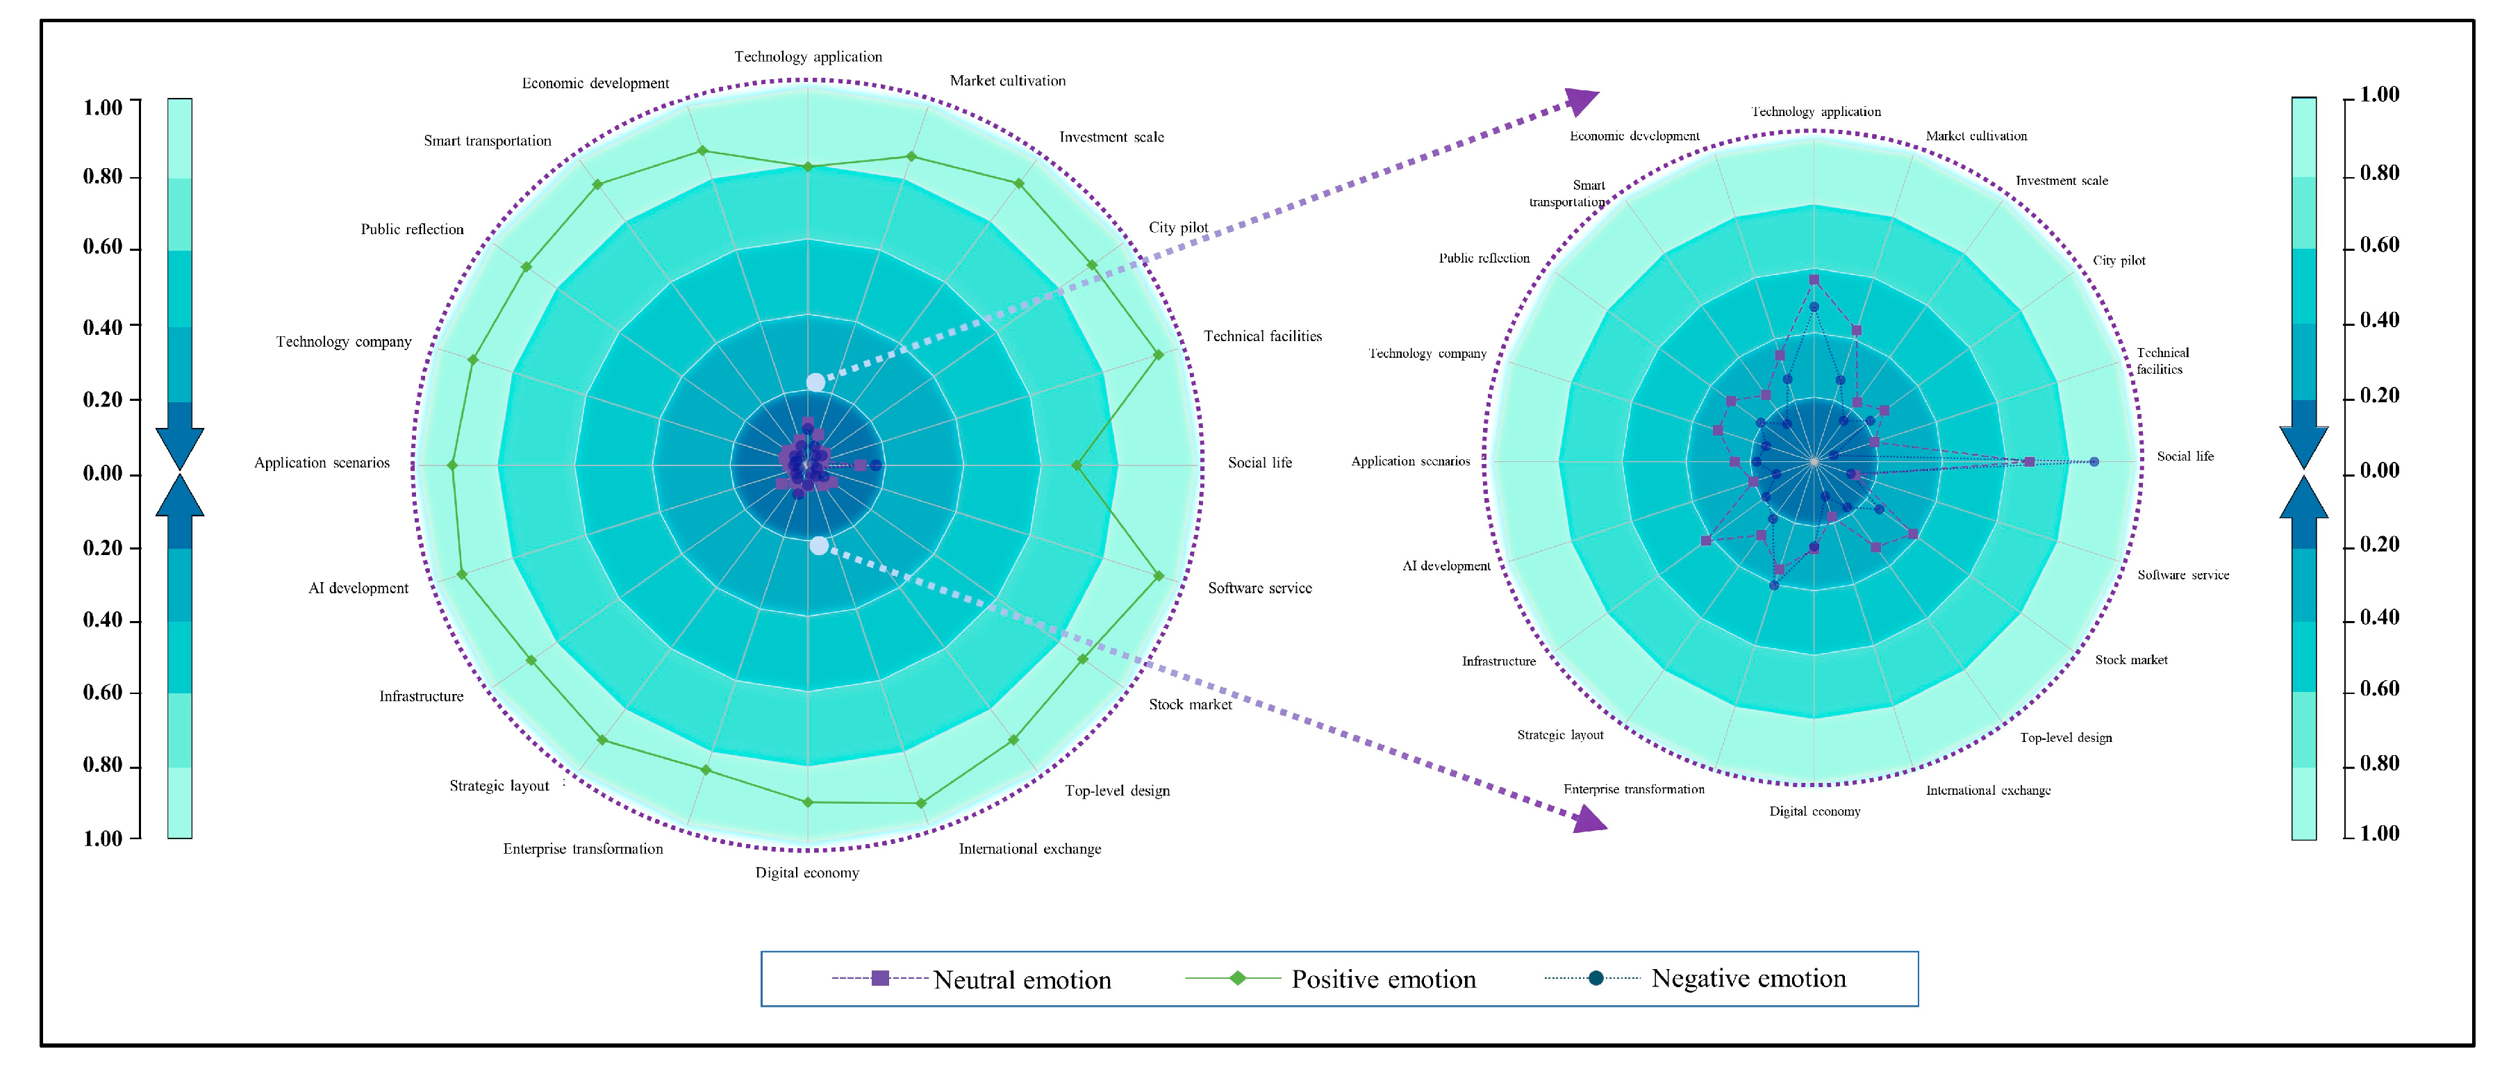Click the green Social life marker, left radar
1076,466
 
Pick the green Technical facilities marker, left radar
1158,356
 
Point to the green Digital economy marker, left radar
808,802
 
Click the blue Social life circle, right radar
2094,462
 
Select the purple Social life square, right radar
2029,462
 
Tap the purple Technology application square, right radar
1814,280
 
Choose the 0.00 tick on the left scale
103,474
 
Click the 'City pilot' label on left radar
1178,227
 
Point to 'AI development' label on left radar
358,588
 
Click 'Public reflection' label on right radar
1484,258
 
